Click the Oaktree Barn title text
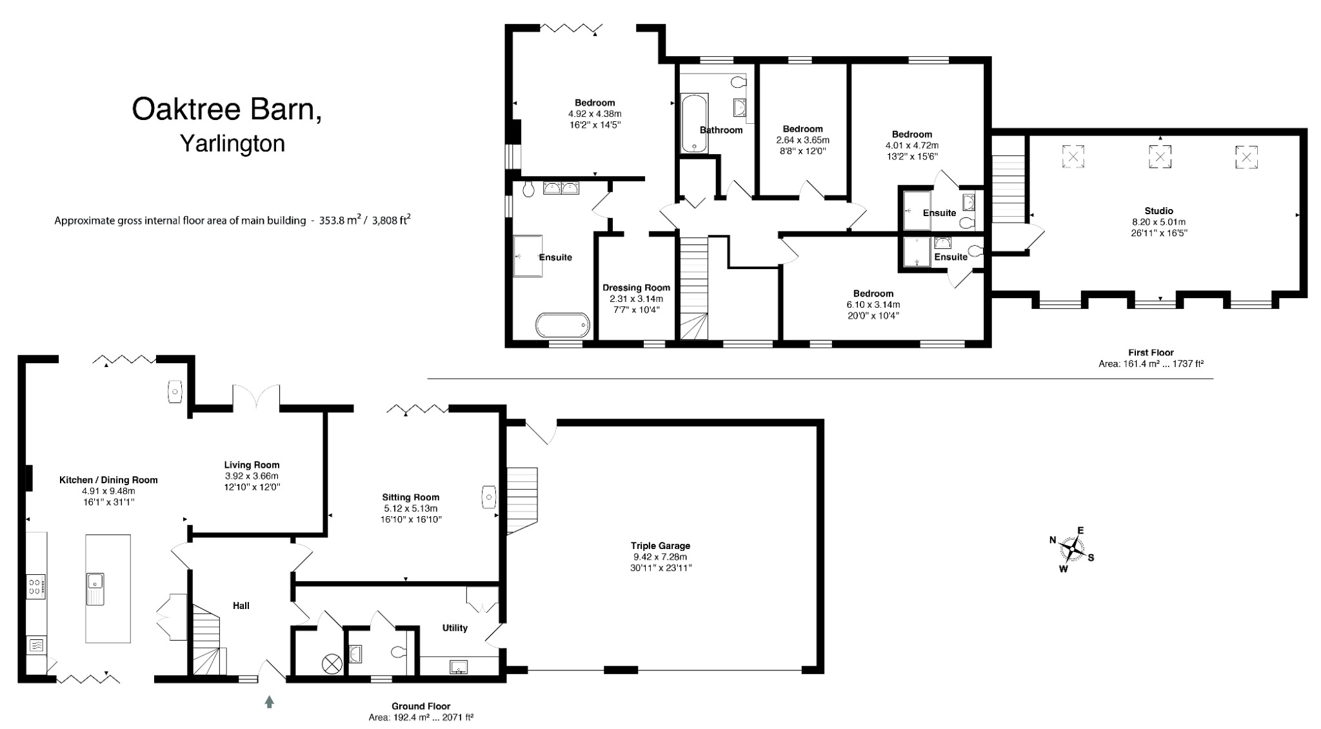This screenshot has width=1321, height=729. tap(227, 110)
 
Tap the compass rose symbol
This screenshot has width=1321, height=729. tap(1071, 549)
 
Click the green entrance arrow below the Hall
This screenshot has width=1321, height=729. tap(270, 702)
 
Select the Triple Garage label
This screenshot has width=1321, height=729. tap(660, 546)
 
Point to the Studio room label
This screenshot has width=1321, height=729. tap(1158, 210)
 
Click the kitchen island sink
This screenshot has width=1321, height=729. tap(95, 588)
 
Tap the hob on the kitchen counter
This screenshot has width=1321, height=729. tap(35, 586)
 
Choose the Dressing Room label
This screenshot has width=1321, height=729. tap(636, 288)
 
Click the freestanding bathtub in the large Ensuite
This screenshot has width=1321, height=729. tap(563, 325)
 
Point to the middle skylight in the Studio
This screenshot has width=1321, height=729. tap(1160, 156)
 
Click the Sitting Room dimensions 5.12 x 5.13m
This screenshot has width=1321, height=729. tap(410, 508)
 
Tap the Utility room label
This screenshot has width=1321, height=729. tap(455, 628)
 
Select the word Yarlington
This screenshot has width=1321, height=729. tap(232, 143)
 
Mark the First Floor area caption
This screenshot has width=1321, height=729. tap(1151, 358)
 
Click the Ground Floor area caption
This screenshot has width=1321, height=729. tap(421, 712)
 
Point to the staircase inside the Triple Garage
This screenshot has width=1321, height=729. tap(522, 500)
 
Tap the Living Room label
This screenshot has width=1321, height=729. tap(252, 464)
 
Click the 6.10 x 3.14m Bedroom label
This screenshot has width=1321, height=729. tap(873, 294)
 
